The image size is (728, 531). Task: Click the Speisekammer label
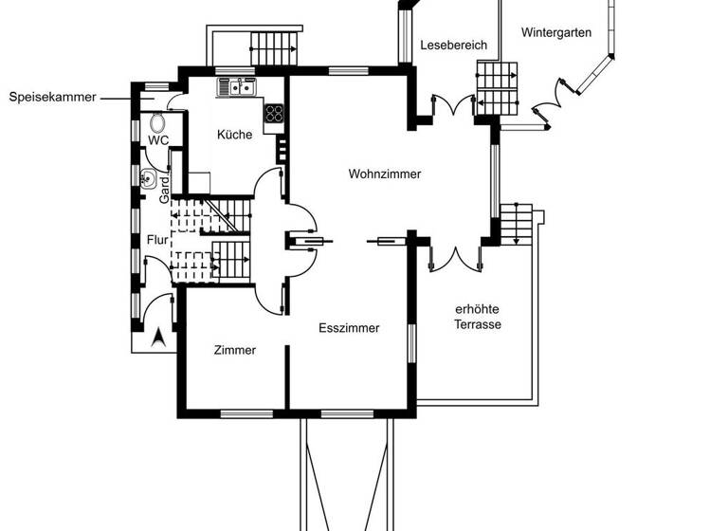click(x=52, y=97)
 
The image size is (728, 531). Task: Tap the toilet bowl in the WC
click(x=157, y=123)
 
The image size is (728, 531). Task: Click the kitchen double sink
click(x=237, y=88)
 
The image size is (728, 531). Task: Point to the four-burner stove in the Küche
click(x=274, y=114)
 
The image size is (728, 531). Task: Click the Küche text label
click(x=234, y=135)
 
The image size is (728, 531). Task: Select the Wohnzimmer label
click(x=384, y=174)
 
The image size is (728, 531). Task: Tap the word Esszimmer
click(x=349, y=328)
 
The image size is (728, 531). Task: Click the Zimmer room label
click(x=234, y=350)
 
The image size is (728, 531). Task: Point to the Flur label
click(x=157, y=240)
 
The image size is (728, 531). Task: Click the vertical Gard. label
click(x=165, y=189)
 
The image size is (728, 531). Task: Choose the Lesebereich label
click(x=453, y=45)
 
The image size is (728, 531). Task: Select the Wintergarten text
click(x=556, y=32)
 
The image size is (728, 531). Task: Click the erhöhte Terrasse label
click(x=478, y=317)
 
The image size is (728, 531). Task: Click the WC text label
click(x=157, y=140)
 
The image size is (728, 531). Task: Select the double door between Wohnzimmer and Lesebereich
click(x=450, y=104)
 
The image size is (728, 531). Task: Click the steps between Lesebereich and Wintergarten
click(x=498, y=87)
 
